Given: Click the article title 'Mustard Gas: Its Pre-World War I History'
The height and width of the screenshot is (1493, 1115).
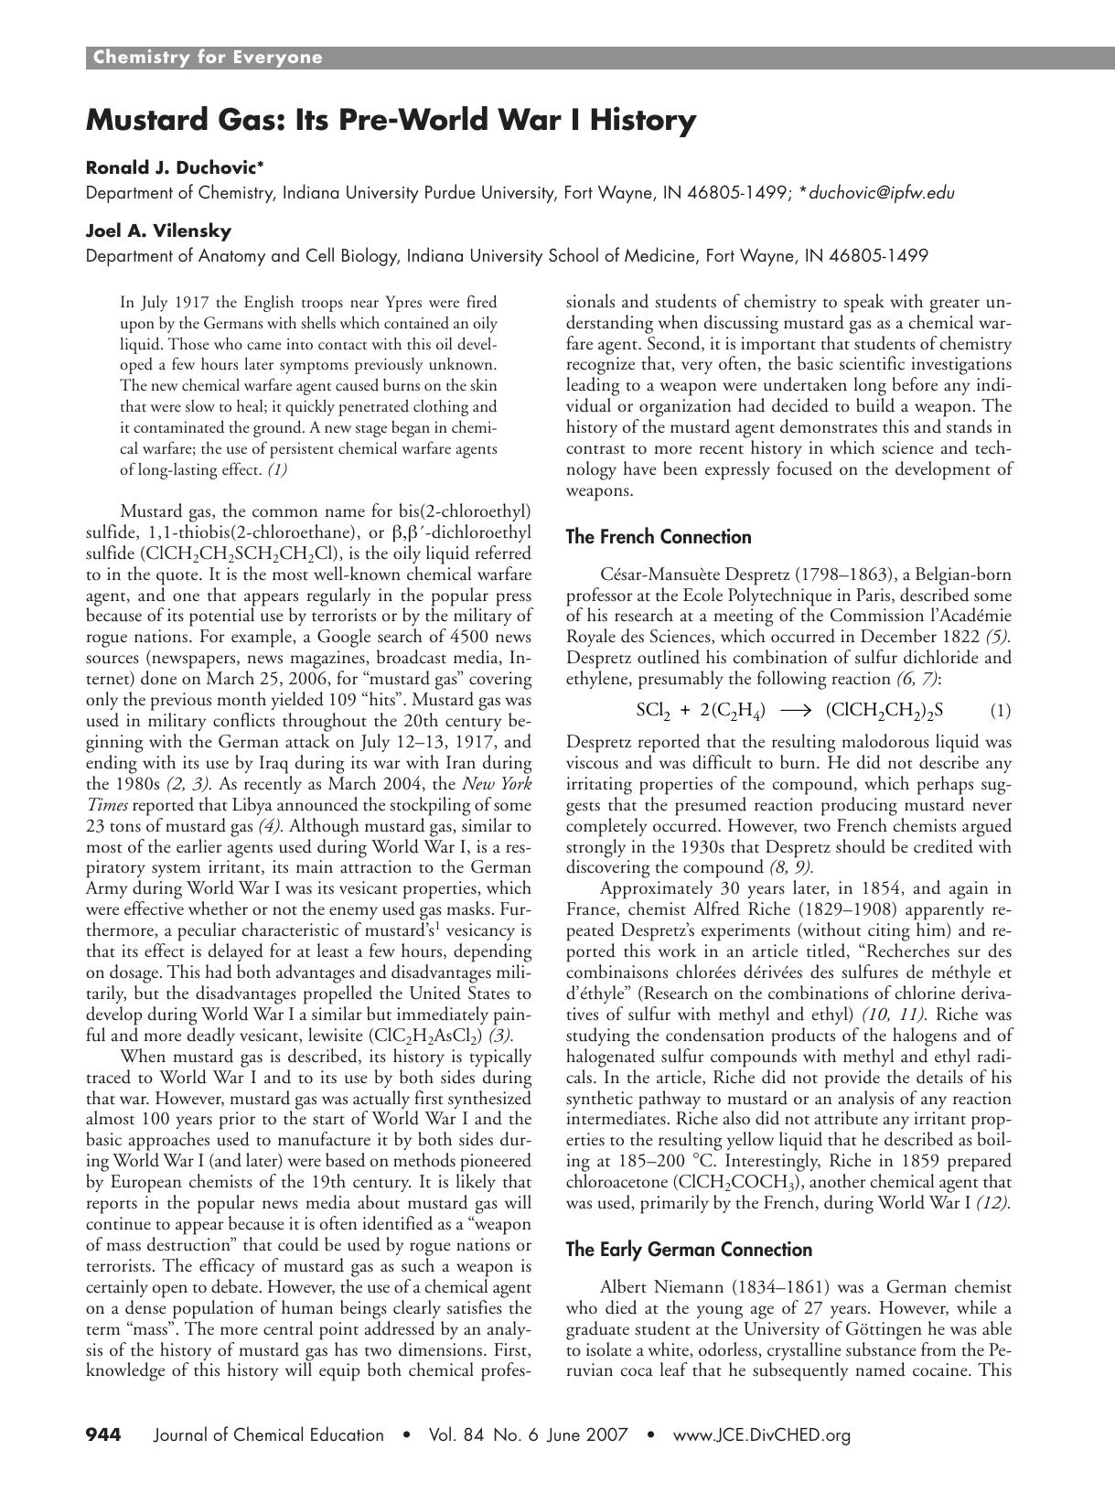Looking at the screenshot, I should pyautogui.click(x=391, y=120).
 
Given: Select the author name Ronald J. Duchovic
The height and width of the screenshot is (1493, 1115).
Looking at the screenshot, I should pyautogui.click(x=174, y=166).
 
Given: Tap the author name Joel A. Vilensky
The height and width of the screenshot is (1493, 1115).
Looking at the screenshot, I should pyautogui.click(x=158, y=230).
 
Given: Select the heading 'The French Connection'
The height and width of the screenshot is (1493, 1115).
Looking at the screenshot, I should pyautogui.click(x=659, y=537).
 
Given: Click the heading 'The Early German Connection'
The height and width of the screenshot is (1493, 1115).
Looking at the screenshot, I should pyautogui.click(x=689, y=1249).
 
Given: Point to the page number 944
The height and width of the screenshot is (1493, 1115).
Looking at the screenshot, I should pyautogui.click(x=104, y=1434).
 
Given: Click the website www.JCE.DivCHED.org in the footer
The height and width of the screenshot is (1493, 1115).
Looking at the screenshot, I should pyautogui.click(x=762, y=1434).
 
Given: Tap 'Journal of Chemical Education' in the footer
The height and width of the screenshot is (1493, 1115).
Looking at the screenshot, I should pyautogui.click(x=269, y=1434).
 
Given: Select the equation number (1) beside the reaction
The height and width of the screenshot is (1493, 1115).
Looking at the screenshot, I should pyautogui.click(x=1001, y=710).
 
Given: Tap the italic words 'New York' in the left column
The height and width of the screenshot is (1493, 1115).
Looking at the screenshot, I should pyautogui.click(x=498, y=783).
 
